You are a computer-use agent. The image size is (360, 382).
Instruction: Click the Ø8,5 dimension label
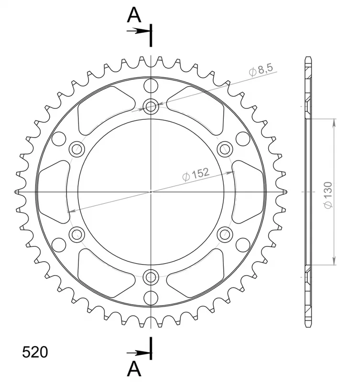(x=261, y=70)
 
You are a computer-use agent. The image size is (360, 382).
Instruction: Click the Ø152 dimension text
(x=196, y=174)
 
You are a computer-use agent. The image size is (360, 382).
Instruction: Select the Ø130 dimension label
(x=328, y=195)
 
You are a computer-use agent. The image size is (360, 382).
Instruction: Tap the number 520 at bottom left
(x=35, y=352)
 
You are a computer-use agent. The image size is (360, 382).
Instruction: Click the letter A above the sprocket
(x=134, y=15)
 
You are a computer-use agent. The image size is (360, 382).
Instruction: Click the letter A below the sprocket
(x=134, y=369)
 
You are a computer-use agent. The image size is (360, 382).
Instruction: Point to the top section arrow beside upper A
(x=138, y=31)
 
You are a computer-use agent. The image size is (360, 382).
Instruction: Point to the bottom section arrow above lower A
(x=138, y=352)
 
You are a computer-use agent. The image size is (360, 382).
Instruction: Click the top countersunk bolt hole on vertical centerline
(x=151, y=106)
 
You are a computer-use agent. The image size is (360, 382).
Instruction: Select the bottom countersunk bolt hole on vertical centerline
(x=151, y=277)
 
